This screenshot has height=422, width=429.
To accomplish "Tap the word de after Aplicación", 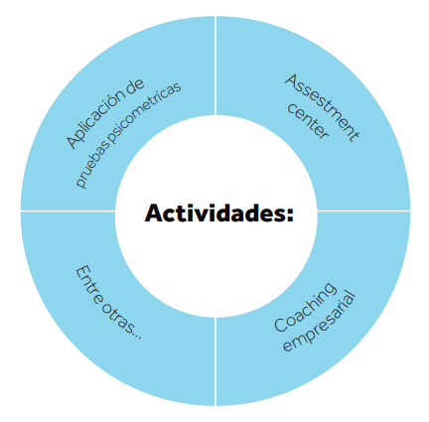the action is [135, 85].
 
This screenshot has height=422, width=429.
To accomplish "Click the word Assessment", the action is [322, 108].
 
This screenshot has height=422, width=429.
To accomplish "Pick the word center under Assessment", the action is [308, 121].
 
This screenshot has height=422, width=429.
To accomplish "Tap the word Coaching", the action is [305, 307].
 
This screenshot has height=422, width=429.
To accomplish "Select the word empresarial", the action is [320, 322].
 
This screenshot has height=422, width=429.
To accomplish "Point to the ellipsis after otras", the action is [137, 335].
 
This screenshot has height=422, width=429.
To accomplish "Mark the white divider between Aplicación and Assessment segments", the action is [215, 66].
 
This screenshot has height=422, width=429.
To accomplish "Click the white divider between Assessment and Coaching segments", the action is [363, 211].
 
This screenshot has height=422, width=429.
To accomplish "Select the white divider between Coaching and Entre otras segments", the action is [215, 361].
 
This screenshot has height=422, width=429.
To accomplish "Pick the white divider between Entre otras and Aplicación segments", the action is [68, 211].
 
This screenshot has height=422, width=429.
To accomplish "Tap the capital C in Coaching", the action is [281, 324].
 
